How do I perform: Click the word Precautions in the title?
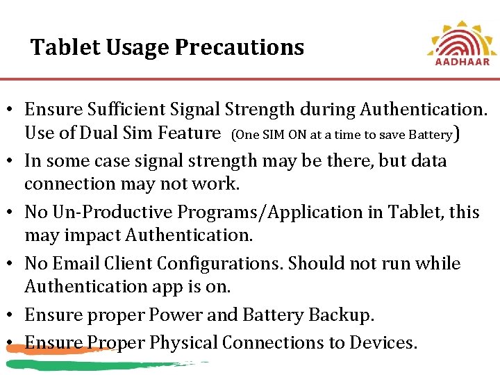240,47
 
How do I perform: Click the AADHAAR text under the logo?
462,61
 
